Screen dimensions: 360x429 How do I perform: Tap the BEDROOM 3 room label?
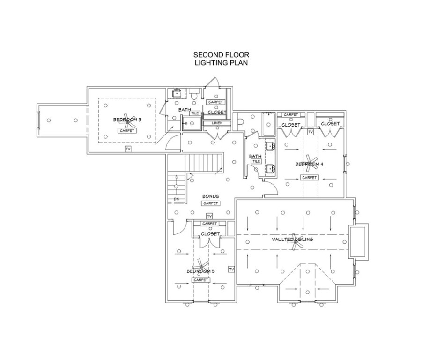coord(127,120)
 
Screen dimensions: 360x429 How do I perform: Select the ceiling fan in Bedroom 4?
coord(310,161)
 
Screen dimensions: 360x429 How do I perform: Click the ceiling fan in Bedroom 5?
coord(200,265)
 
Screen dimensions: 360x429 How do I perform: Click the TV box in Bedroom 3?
coord(127,149)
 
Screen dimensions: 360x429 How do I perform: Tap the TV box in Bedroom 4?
coord(310,132)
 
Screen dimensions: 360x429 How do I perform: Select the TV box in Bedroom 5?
coord(231,269)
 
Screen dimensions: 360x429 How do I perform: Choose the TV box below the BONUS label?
coord(209,216)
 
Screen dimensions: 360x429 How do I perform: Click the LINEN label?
coord(216,123)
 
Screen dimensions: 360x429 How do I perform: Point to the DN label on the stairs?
coord(176,199)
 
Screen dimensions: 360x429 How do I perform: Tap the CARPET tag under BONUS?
coord(210,203)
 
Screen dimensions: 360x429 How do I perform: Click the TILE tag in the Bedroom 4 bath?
coord(256,161)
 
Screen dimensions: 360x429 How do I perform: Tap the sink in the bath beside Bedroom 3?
coord(177,93)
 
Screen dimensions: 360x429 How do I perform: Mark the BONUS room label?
coord(210,196)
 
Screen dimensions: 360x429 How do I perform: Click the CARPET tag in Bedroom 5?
coord(200,280)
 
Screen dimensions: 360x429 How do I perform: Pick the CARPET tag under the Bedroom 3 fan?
coord(127,131)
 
